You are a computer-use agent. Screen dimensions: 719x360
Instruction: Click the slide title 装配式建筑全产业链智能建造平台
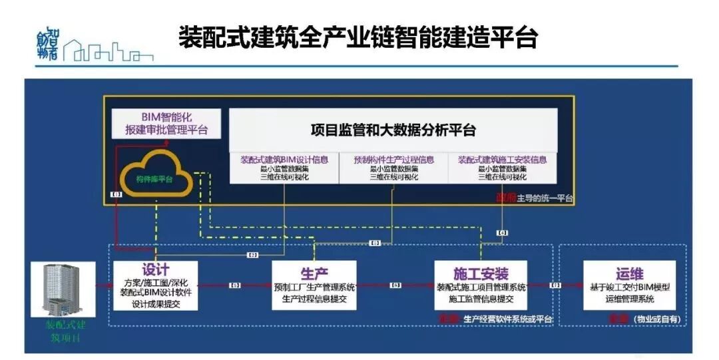click(358, 38)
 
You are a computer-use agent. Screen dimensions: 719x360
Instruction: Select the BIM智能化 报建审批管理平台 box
click(165, 123)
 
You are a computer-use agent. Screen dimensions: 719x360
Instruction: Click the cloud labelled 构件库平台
click(154, 178)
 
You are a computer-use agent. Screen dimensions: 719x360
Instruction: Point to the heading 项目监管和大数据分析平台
click(393, 130)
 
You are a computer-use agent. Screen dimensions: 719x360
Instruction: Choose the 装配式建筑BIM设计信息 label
click(284, 160)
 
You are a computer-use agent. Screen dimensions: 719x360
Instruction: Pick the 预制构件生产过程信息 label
click(393, 160)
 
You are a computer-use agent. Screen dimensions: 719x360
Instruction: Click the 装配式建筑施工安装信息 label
click(502, 160)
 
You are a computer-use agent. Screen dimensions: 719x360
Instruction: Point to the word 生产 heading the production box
click(314, 274)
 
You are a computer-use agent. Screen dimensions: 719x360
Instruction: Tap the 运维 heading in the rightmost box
click(629, 274)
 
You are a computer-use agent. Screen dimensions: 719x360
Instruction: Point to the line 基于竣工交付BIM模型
click(629, 288)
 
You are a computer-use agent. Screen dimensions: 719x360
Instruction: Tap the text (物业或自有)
click(656, 319)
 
